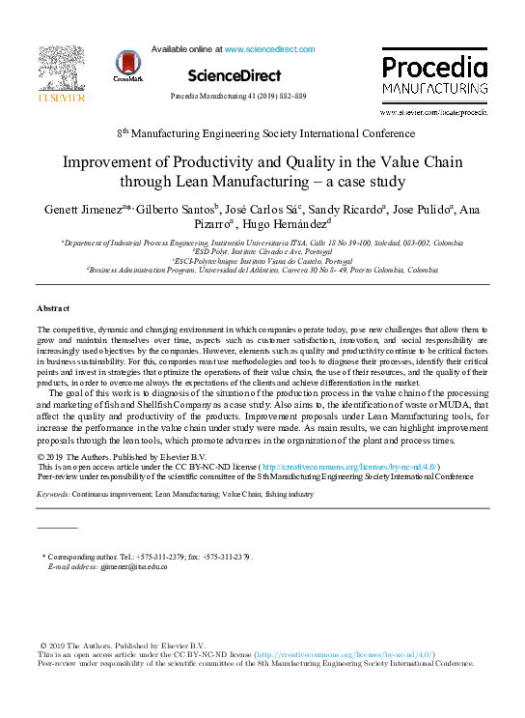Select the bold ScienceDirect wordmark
click(235, 74)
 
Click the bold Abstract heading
click(53, 307)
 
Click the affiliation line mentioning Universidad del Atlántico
click(262, 272)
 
